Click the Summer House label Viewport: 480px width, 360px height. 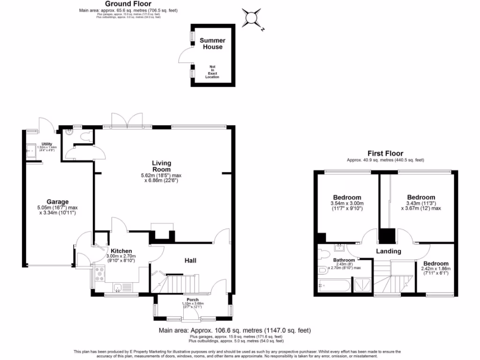pyautogui.click(x=212, y=44)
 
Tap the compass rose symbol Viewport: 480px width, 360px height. pyautogui.click(x=252, y=18)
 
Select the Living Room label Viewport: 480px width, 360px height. pyautogui.click(x=161, y=166)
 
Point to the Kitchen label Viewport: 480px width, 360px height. pyautogui.click(x=121, y=251)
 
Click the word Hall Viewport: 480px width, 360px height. pyautogui.click(x=190, y=261)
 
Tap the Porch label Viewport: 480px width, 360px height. pyautogui.click(x=193, y=300)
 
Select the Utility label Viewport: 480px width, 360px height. pyautogui.click(x=46, y=144)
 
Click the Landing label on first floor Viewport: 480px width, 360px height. pyautogui.click(x=389, y=251)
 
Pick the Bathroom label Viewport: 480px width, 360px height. pyautogui.click(x=344, y=260)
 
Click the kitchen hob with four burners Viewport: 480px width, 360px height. pyautogui.click(x=99, y=273)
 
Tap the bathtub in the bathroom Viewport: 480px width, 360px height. pyautogui.click(x=334, y=285)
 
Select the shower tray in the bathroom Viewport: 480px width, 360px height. pyautogui.click(x=361, y=285)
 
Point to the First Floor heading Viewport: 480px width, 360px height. pyautogui.click(x=385, y=153)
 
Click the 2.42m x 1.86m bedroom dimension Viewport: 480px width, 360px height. pyautogui.click(x=435, y=270)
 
